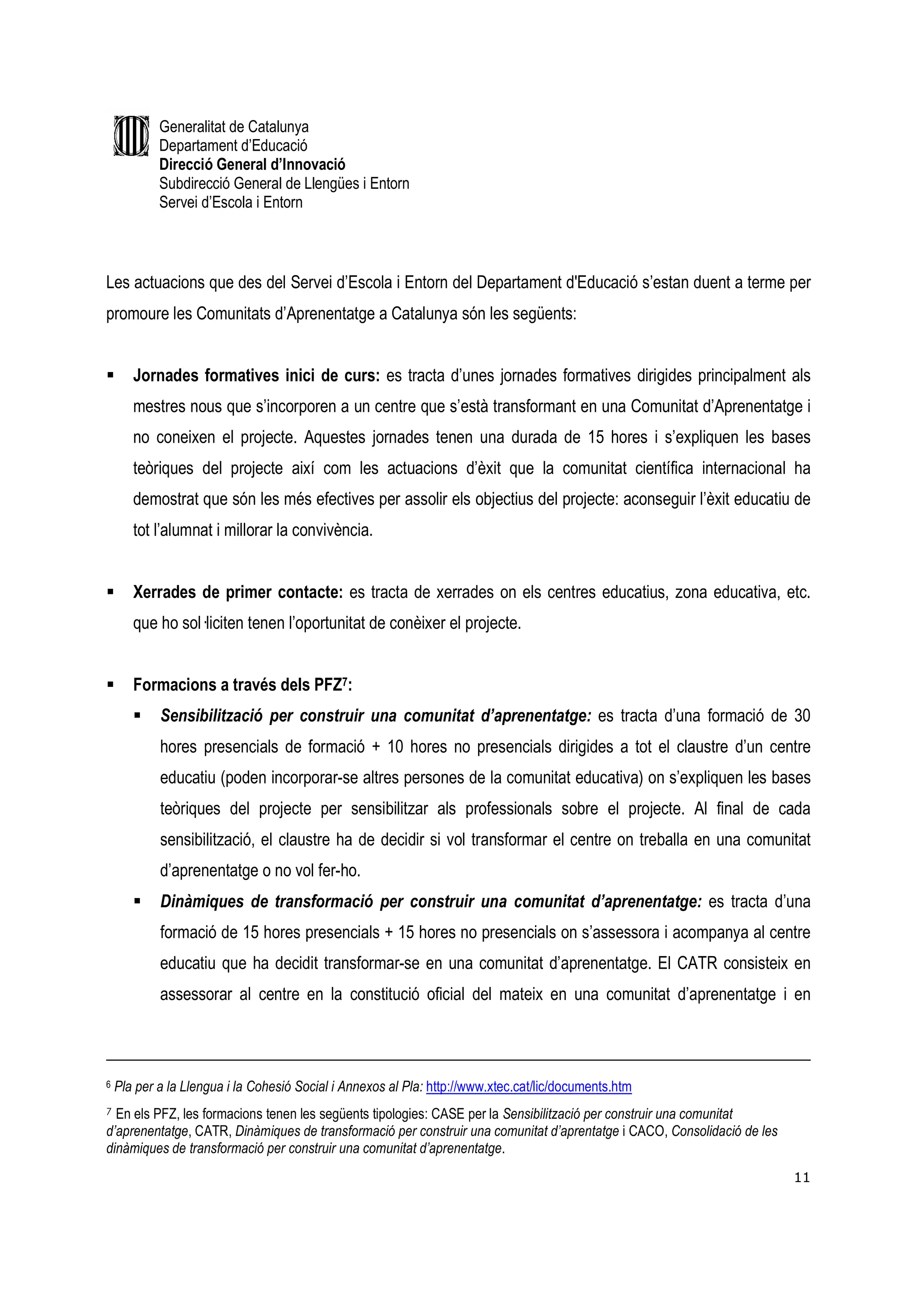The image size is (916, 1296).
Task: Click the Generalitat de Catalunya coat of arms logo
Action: click(x=131, y=136)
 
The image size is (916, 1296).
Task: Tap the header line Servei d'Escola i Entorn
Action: click(x=230, y=202)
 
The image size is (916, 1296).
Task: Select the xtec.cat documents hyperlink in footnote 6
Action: click(x=528, y=1087)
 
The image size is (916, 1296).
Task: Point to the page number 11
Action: click(x=801, y=1177)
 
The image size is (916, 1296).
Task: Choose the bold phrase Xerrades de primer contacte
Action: click(x=237, y=593)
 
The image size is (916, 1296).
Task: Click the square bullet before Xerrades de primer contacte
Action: click(x=110, y=593)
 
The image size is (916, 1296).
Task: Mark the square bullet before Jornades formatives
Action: click(x=110, y=375)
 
